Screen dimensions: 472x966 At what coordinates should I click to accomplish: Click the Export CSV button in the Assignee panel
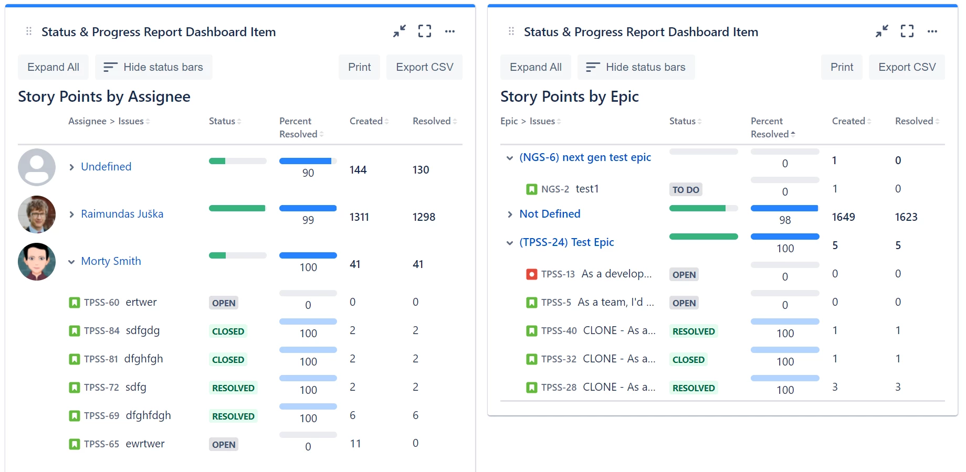[x=424, y=67]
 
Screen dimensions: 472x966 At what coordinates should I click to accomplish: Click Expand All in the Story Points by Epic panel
[x=535, y=67]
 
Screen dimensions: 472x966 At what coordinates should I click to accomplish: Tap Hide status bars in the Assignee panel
[x=153, y=67]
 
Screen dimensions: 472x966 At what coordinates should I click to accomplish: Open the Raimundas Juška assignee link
[x=122, y=214]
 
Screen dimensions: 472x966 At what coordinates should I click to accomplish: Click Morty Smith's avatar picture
[x=37, y=261]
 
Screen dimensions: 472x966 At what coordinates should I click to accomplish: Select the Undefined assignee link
[x=106, y=167]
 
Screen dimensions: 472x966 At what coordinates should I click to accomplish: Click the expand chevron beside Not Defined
[x=510, y=214]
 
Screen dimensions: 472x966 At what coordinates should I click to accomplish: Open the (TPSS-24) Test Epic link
[x=566, y=242]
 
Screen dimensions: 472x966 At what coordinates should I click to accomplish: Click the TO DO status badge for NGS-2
[x=686, y=190]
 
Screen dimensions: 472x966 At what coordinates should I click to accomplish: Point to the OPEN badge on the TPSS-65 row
[x=224, y=445]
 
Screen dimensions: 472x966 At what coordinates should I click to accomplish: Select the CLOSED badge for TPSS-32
[x=688, y=360]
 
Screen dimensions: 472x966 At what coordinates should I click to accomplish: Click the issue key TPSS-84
[x=101, y=331]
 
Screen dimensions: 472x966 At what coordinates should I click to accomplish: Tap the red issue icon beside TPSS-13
[x=531, y=274]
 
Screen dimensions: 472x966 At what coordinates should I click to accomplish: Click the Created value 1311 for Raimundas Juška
[x=359, y=217]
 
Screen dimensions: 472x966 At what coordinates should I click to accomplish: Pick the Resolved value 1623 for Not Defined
[x=906, y=217]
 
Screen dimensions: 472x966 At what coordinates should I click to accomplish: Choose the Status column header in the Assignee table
[x=223, y=121]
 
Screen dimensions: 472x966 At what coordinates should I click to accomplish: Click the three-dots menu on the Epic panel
[x=932, y=31]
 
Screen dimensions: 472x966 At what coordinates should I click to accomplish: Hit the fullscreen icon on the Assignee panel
[x=424, y=31]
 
